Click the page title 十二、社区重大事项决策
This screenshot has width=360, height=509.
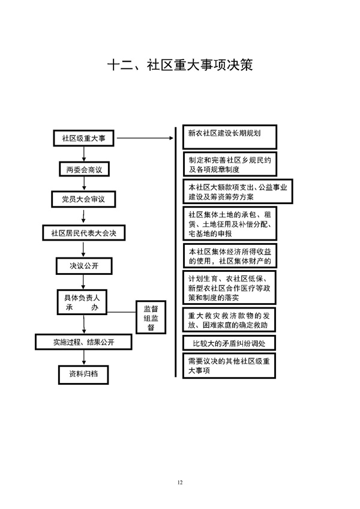(x=180, y=65)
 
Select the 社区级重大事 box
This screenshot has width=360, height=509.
(x=83, y=138)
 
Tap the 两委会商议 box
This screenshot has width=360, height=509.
(x=84, y=170)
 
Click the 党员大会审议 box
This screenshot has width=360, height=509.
(x=83, y=199)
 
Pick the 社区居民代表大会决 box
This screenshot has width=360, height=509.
(x=83, y=232)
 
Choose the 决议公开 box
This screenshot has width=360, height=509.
(x=83, y=264)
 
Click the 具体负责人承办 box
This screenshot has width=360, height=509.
(x=82, y=301)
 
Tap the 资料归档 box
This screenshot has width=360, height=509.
(x=83, y=373)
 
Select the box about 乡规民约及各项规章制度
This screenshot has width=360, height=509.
(x=230, y=164)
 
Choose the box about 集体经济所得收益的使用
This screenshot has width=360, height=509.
(x=230, y=256)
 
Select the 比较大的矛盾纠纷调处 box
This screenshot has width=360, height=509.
(x=230, y=343)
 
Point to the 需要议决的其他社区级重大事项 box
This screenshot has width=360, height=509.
(x=230, y=366)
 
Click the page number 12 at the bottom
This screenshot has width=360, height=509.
(x=180, y=482)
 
